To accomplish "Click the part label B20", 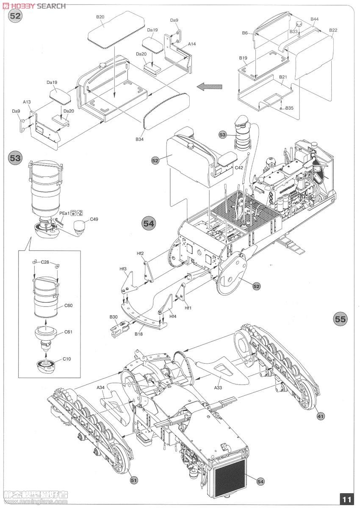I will (100, 17).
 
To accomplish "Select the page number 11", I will (346, 500).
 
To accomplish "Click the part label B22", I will (333, 30).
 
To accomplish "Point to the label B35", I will (289, 108).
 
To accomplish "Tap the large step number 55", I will (340, 319).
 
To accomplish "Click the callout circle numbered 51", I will (134, 480).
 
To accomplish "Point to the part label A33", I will (218, 387).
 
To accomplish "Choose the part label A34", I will (101, 387).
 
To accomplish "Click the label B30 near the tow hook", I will (113, 317).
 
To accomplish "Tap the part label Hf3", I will (123, 269).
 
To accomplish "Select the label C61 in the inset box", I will (68, 332).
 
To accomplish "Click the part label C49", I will (94, 219).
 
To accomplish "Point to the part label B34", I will (140, 139).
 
